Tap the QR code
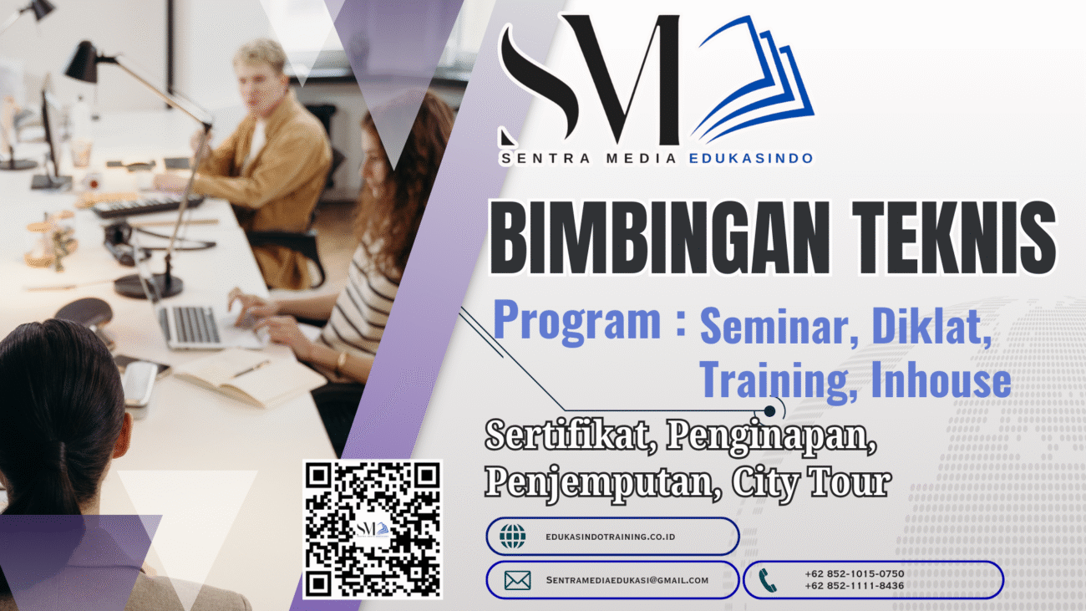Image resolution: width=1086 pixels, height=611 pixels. (372, 529)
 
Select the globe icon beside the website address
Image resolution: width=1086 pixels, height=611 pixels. (513, 536)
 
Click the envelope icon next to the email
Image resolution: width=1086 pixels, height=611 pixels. (517, 580)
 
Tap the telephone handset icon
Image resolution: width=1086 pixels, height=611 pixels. (768, 580)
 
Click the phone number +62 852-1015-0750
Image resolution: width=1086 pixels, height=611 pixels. (854, 573)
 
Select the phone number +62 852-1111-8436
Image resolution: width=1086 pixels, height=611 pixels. (854, 586)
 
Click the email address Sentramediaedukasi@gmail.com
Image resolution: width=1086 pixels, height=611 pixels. (627, 580)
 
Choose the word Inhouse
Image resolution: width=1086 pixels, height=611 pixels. (941, 381)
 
